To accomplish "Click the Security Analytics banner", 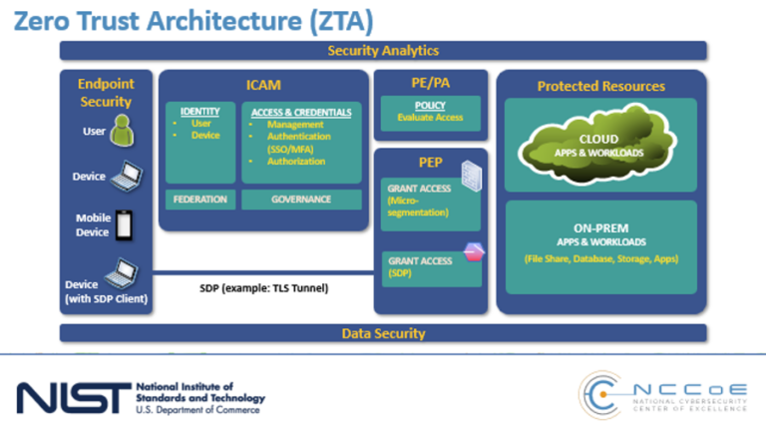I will coord(383,51).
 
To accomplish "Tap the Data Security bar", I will coord(383,333).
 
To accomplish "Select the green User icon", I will coord(122,129).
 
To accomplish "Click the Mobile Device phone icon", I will coord(124,224).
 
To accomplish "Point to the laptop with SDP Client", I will coord(124,269).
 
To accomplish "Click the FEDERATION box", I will coord(199,200).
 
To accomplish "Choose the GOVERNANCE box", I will coord(300,200).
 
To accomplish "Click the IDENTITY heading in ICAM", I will coord(199,110).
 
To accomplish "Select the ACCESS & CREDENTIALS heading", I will coord(300,110).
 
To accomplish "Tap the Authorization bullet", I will coord(295,162).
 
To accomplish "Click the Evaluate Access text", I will coord(430,118).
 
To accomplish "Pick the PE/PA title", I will coord(431,83).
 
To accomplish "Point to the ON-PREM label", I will coord(599,227).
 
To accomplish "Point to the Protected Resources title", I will coord(600,86).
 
